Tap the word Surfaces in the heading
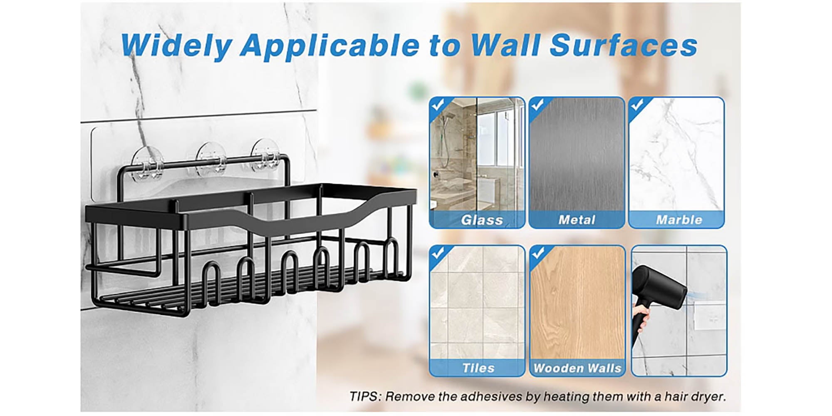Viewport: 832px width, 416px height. (624, 45)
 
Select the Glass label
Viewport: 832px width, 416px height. (482, 220)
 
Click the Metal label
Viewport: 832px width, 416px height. (577, 220)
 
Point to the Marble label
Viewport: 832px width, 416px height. (679, 220)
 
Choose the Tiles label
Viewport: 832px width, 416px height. (478, 368)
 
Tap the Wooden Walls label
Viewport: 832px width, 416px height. (577, 368)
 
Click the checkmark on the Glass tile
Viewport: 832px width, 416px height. (437, 105)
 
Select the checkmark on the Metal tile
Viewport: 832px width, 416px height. (537, 105)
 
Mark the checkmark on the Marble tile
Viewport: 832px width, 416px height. (637, 105)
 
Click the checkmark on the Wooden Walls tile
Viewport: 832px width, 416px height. (538, 253)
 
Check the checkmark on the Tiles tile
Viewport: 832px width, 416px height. (437, 253)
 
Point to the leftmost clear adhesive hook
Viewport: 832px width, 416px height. (147, 164)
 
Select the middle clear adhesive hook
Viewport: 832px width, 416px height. (212, 160)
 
